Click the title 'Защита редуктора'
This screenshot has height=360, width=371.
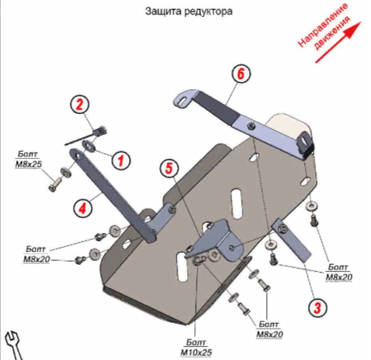tap(189, 12)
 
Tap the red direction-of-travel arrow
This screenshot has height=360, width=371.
tap(338, 43)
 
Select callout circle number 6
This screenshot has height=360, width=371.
tap(240, 73)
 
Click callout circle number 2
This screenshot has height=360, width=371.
tap(80, 104)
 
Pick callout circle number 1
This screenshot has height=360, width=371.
tap(121, 161)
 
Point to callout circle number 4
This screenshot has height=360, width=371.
tap(82, 208)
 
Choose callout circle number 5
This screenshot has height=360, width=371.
tap(169, 169)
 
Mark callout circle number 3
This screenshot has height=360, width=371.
tap(318, 307)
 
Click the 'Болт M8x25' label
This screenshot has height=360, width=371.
tap(28, 160)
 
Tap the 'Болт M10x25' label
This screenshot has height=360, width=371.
tap(196, 347)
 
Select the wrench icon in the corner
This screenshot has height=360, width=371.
tap(14, 345)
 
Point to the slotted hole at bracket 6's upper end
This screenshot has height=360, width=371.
tap(182, 102)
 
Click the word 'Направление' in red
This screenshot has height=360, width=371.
tap(323, 26)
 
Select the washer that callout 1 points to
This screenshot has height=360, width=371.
tap(89, 145)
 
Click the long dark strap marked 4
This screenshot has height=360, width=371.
tap(112, 195)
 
